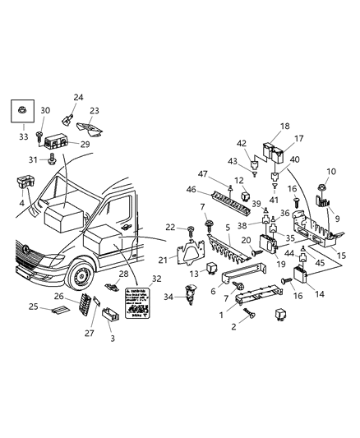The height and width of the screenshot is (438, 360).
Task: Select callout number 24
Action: (79, 98)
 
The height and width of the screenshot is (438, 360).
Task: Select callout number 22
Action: (170, 227)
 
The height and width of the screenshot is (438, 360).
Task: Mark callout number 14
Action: (320, 293)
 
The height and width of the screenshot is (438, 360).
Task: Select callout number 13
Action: (194, 273)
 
